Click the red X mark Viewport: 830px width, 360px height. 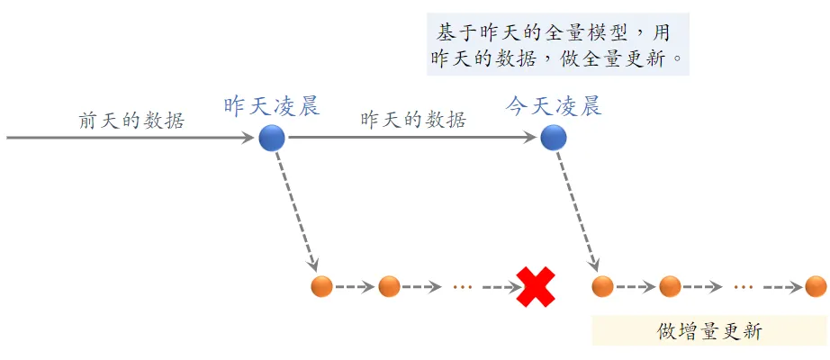(535, 287)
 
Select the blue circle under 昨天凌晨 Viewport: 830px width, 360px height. (272, 139)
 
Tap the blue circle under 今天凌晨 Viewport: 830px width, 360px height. (554, 139)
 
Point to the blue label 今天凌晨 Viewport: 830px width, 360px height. (554, 107)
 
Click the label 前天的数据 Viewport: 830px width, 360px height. (131, 121)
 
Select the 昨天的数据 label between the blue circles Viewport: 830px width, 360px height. (413, 121)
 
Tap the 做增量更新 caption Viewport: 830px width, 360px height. (709, 331)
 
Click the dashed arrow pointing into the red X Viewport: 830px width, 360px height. (501, 288)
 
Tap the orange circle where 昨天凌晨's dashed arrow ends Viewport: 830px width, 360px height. (321, 287)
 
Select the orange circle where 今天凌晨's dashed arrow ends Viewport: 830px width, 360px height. (602, 287)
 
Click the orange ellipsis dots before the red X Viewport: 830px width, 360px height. (463, 288)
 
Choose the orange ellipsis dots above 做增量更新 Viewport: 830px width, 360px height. (743, 288)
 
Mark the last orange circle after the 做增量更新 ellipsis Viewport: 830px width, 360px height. (816, 287)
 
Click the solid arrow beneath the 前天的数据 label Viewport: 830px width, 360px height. (131, 139)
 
